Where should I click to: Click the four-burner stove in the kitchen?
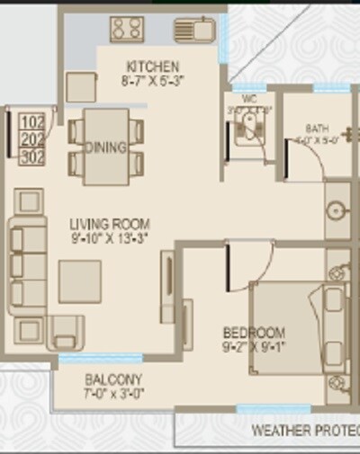(x=127, y=29)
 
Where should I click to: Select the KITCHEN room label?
(x=153, y=67)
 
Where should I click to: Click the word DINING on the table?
(x=105, y=147)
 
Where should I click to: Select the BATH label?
(x=317, y=128)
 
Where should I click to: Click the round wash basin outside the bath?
(x=337, y=211)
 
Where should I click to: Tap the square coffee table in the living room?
(x=80, y=280)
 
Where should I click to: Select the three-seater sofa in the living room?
(x=28, y=266)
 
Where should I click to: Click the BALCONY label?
(x=112, y=379)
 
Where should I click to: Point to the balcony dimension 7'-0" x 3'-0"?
(x=112, y=393)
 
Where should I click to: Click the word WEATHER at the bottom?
(x=279, y=431)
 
